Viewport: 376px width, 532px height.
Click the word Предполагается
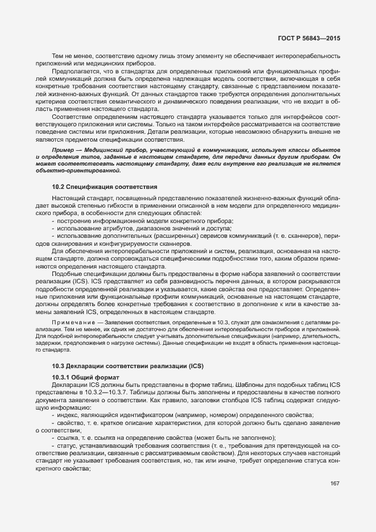point(76,72)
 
